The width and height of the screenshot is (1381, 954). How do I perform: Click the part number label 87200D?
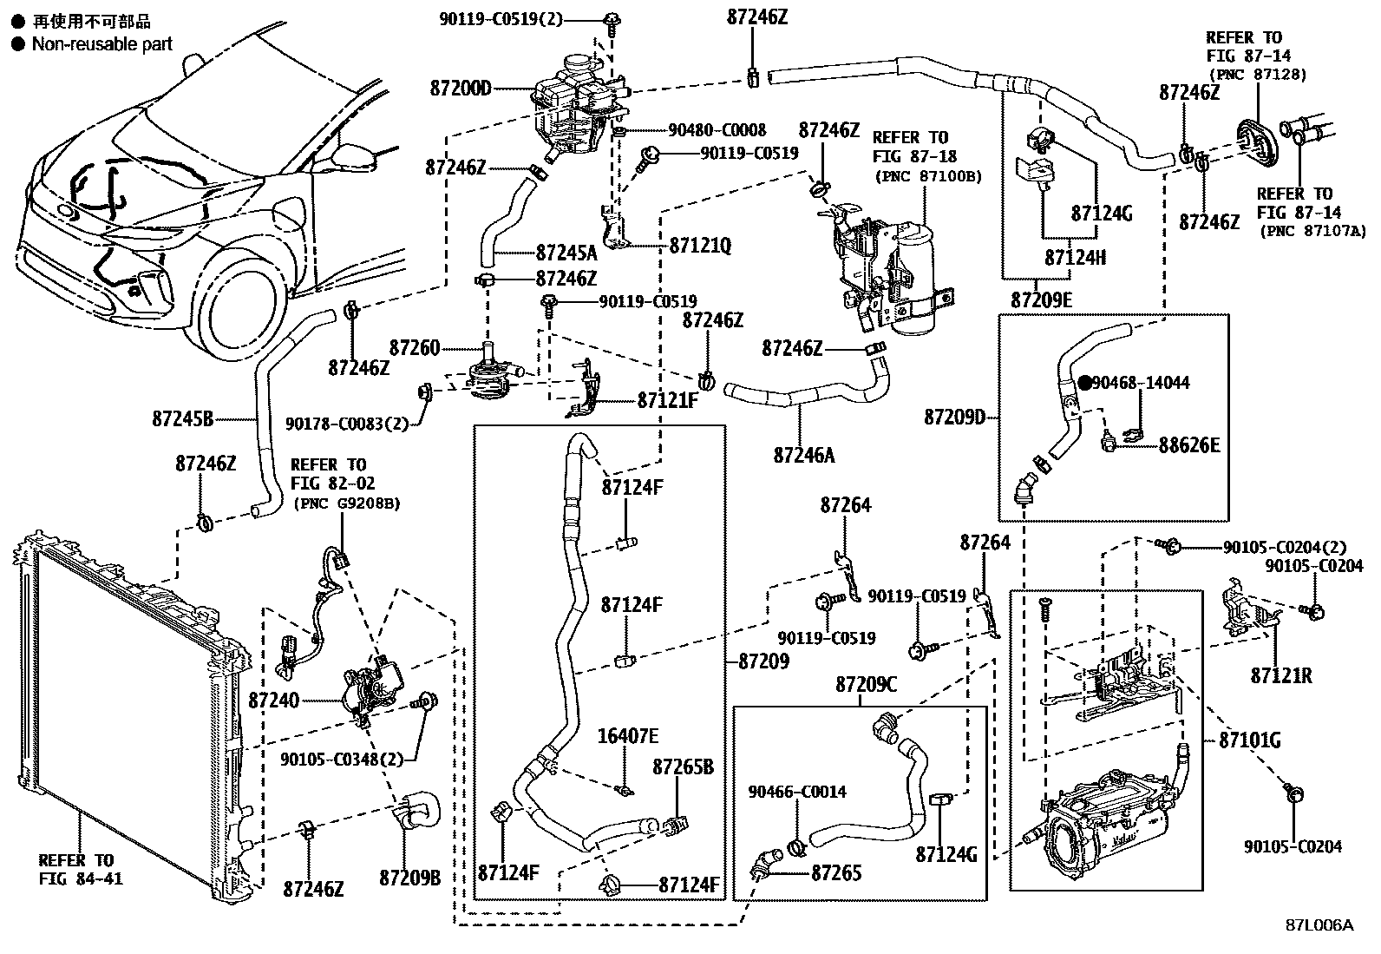(x=460, y=88)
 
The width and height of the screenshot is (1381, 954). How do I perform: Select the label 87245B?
(x=182, y=419)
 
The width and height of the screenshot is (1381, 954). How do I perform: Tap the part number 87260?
(x=415, y=348)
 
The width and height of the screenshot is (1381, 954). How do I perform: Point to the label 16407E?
(x=627, y=736)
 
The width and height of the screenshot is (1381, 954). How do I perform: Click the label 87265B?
(x=683, y=766)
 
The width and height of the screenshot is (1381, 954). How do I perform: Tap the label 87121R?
(x=1281, y=674)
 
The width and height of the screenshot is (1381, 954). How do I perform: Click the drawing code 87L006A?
(x=1319, y=924)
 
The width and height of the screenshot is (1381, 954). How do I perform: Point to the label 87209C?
(x=866, y=684)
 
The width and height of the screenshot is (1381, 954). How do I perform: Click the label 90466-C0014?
(x=797, y=792)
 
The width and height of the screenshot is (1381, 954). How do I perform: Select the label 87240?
(x=273, y=699)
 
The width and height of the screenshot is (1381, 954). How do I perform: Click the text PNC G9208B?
(x=347, y=503)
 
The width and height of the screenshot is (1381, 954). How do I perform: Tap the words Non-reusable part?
(x=101, y=43)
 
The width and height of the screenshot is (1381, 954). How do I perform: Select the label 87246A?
(x=803, y=454)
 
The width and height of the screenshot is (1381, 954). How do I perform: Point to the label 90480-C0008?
(x=717, y=130)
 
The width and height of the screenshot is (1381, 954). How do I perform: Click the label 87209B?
(x=409, y=878)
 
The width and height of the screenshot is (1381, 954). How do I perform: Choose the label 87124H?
(x=1075, y=258)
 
